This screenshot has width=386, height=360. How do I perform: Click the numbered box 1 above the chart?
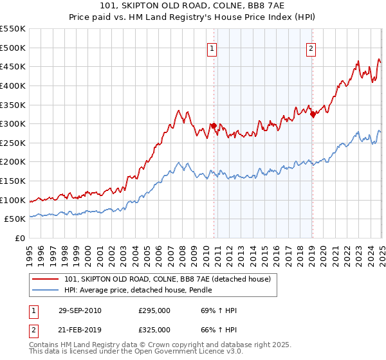coord(212,47)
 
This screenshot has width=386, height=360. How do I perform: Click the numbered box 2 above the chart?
coord(311,47)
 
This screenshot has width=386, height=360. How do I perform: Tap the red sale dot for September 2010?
coord(214,126)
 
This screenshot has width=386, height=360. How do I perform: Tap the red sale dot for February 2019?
coord(313,114)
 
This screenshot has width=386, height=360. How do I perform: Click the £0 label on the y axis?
coord(20,239)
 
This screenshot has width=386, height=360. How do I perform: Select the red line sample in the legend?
coord(46,279)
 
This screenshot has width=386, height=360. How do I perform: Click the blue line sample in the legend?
coord(46,290)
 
